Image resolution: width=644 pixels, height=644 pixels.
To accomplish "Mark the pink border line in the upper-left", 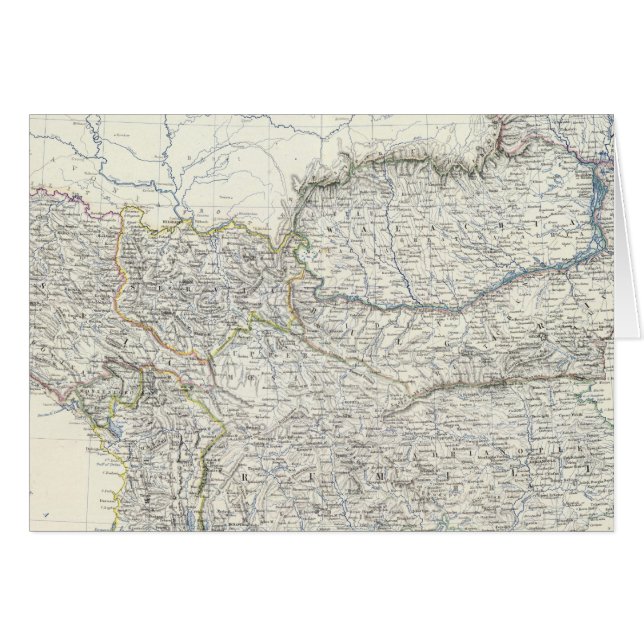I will click(x=60, y=189).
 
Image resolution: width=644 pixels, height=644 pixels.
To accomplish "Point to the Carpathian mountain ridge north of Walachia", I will click(x=400, y=160).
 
